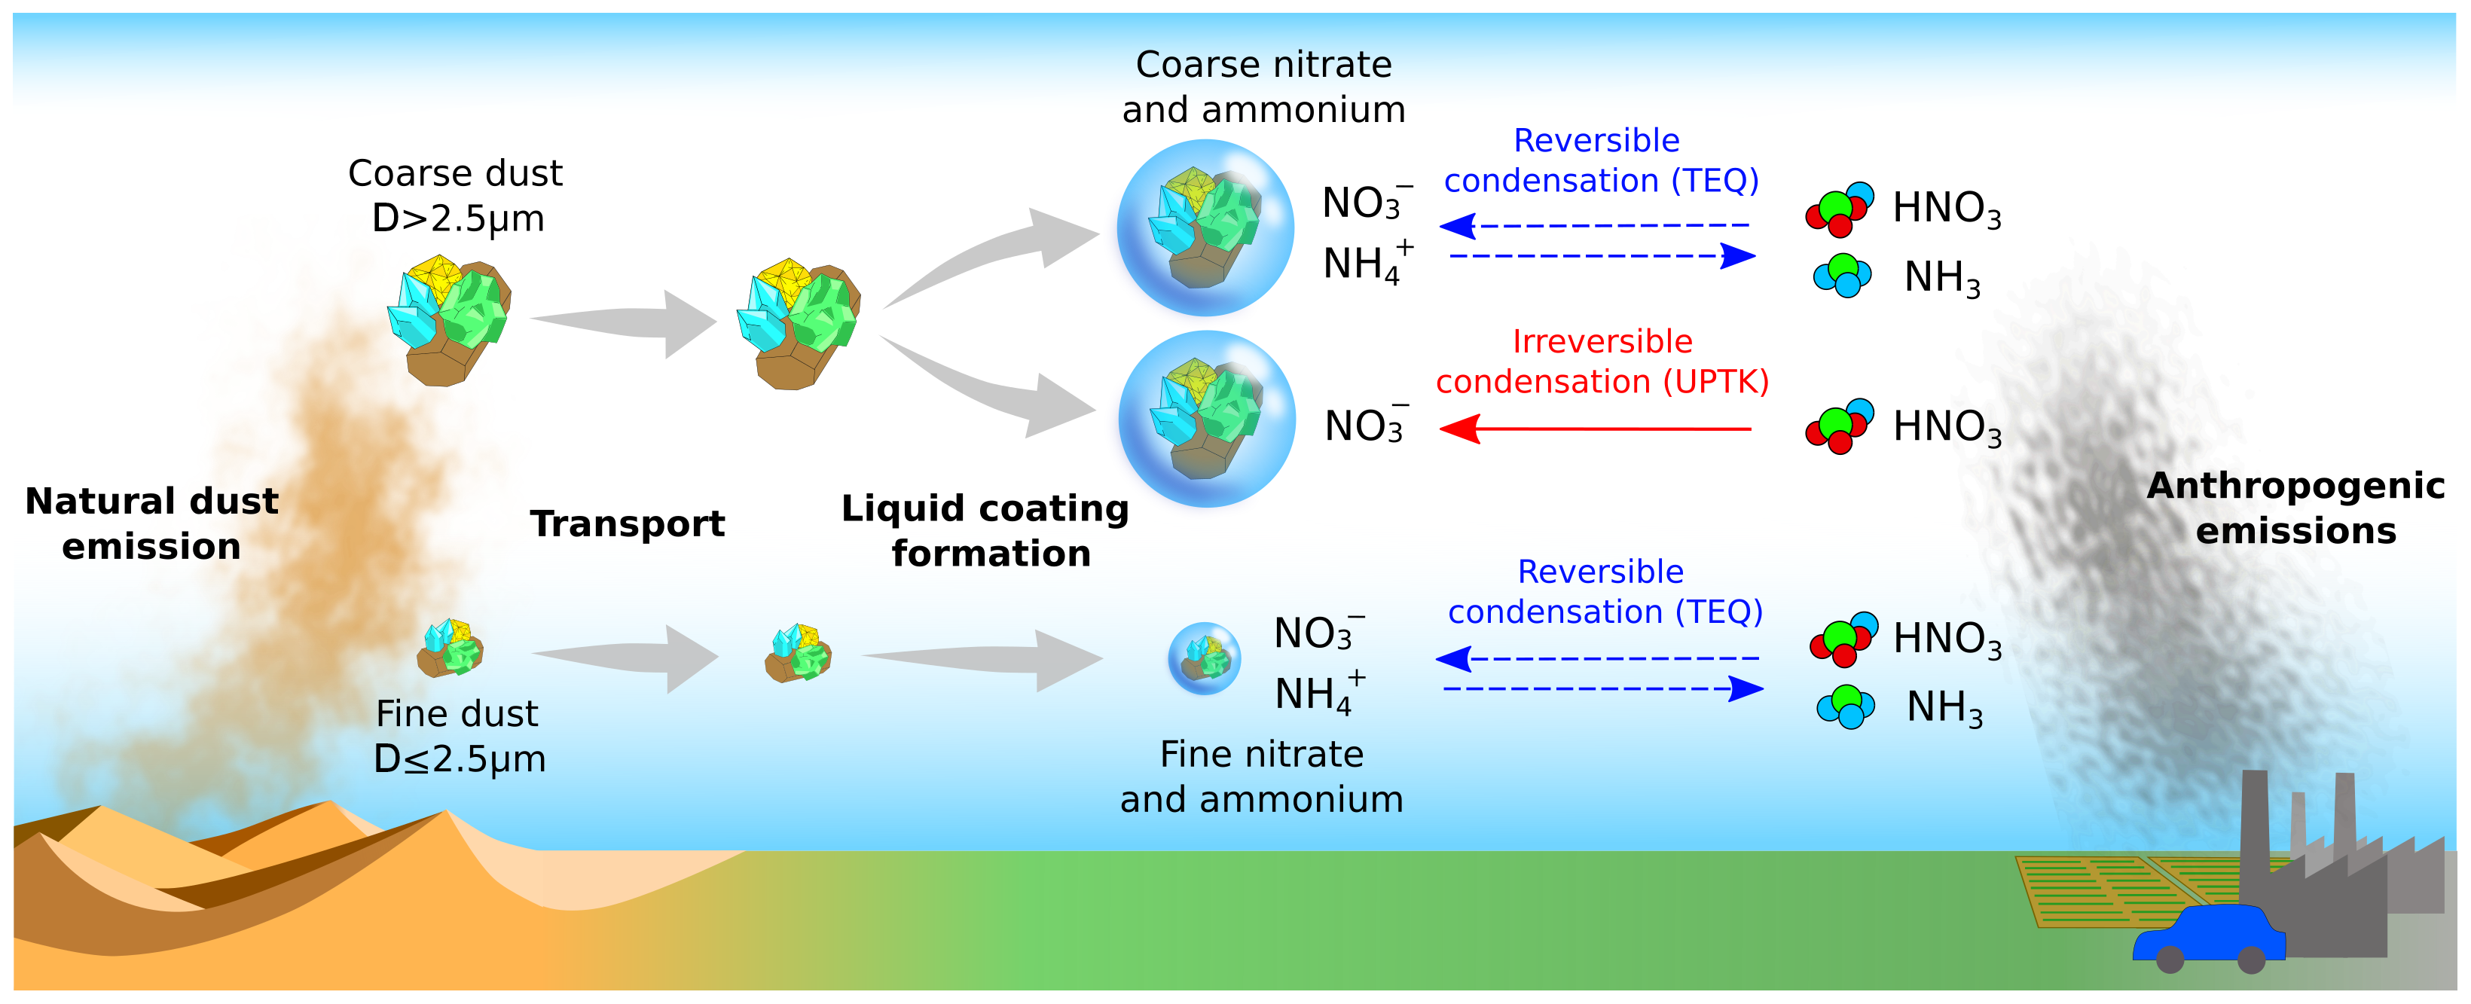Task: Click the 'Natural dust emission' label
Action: click(x=151, y=523)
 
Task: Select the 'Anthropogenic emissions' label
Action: click(x=2295, y=508)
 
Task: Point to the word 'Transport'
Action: click(x=628, y=523)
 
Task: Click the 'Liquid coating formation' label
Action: click(x=987, y=530)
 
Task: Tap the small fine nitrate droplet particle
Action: click(x=1204, y=658)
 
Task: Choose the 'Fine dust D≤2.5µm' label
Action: click(x=459, y=736)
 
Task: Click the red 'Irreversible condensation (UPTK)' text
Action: click(x=1602, y=362)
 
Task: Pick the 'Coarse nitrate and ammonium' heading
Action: click(x=1263, y=87)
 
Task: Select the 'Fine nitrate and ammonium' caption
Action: click(x=1261, y=776)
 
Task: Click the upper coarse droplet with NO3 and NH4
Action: click(x=1205, y=227)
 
